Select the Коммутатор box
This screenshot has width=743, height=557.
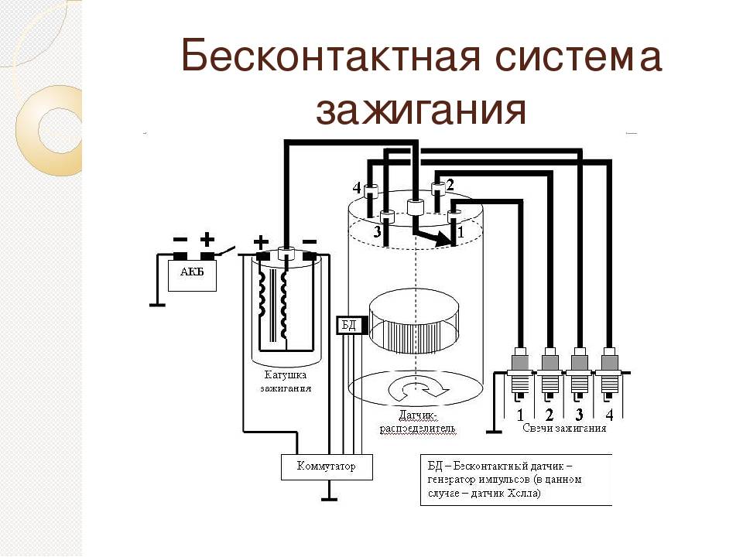click(x=327, y=466)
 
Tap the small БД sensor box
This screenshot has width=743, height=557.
click(x=348, y=325)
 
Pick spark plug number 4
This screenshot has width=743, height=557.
click(x=609, y=371)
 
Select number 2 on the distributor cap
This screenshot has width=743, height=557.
click(x=450, y=183)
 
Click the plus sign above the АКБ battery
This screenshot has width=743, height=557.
click(x=207, y=240)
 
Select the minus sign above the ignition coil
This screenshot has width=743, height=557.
click(x=308, y=241)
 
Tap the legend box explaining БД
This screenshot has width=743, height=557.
click(x=515, y=480)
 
